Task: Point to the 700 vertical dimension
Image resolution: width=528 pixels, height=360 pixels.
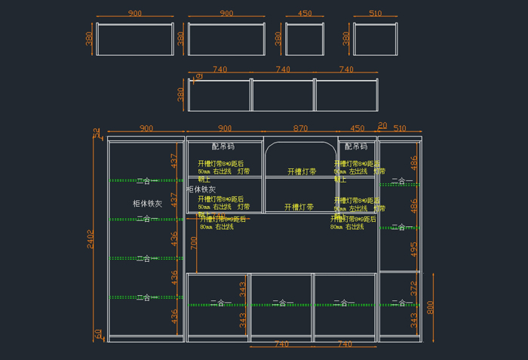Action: (193, 242)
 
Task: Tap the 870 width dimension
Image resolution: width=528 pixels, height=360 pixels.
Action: (300, 128)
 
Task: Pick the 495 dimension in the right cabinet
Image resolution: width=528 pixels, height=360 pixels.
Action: (413, 249)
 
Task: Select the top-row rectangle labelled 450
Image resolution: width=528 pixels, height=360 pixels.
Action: (305, 38)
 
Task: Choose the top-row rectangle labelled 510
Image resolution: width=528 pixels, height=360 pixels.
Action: (375, 38)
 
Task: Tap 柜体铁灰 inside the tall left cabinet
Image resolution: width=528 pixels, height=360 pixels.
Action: (147, 204)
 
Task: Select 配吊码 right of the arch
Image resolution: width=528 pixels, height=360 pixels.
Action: (356, 146)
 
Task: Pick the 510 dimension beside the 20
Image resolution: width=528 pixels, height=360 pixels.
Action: (400, 128)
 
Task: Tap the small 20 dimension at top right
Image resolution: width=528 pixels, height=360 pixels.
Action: (382, 125)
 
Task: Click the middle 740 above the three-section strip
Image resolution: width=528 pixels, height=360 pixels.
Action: (282, 69)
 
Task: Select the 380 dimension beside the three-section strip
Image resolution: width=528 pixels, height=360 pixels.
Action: (180, 94)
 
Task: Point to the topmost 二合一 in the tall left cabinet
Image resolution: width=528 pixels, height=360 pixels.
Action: (148, 181)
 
